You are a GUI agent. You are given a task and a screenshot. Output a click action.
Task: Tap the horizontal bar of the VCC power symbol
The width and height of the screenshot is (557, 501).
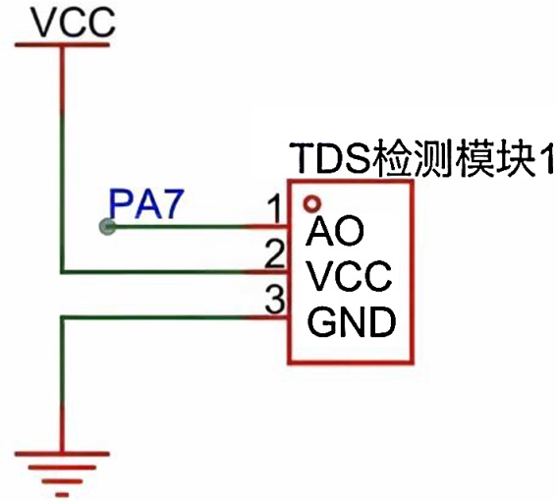click(62, 45)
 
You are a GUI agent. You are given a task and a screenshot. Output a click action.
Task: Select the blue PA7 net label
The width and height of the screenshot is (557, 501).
click(146, 204)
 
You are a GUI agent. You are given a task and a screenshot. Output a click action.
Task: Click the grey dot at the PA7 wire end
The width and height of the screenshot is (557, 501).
click(107, 226)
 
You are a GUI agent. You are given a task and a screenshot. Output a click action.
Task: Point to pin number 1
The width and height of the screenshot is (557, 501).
click(274, 209)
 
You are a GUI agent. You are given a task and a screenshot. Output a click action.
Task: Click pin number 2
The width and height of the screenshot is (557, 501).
click(275, 253)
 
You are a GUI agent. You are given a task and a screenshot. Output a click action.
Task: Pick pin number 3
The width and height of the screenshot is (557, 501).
click(275, 300)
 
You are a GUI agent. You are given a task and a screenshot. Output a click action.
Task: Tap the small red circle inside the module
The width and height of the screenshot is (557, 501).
click(312, 204)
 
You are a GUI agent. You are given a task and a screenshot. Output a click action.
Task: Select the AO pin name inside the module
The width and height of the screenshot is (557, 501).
click(335, 231)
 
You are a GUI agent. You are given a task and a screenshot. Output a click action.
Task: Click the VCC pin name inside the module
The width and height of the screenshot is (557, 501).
click(349, 276)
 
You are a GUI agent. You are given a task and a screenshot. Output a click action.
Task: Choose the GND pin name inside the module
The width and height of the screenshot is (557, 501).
click(351, 322)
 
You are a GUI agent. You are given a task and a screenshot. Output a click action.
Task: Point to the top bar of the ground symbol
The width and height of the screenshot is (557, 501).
click(62, 454)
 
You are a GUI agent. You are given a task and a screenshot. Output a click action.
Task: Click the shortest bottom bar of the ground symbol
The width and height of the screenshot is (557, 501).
click(62, 494)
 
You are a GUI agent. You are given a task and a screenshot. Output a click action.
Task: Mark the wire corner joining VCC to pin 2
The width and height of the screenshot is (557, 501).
click(63, 272)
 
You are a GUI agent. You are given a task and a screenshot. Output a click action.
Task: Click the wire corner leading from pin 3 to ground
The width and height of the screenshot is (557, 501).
click(63, 317)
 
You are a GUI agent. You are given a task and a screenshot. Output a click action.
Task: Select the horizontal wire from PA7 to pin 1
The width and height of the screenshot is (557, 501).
click(197, 226)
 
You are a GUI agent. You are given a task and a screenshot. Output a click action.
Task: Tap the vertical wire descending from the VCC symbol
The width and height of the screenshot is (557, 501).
click(63, 158)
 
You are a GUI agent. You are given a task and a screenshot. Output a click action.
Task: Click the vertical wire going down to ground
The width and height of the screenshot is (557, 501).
click(63, 384)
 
